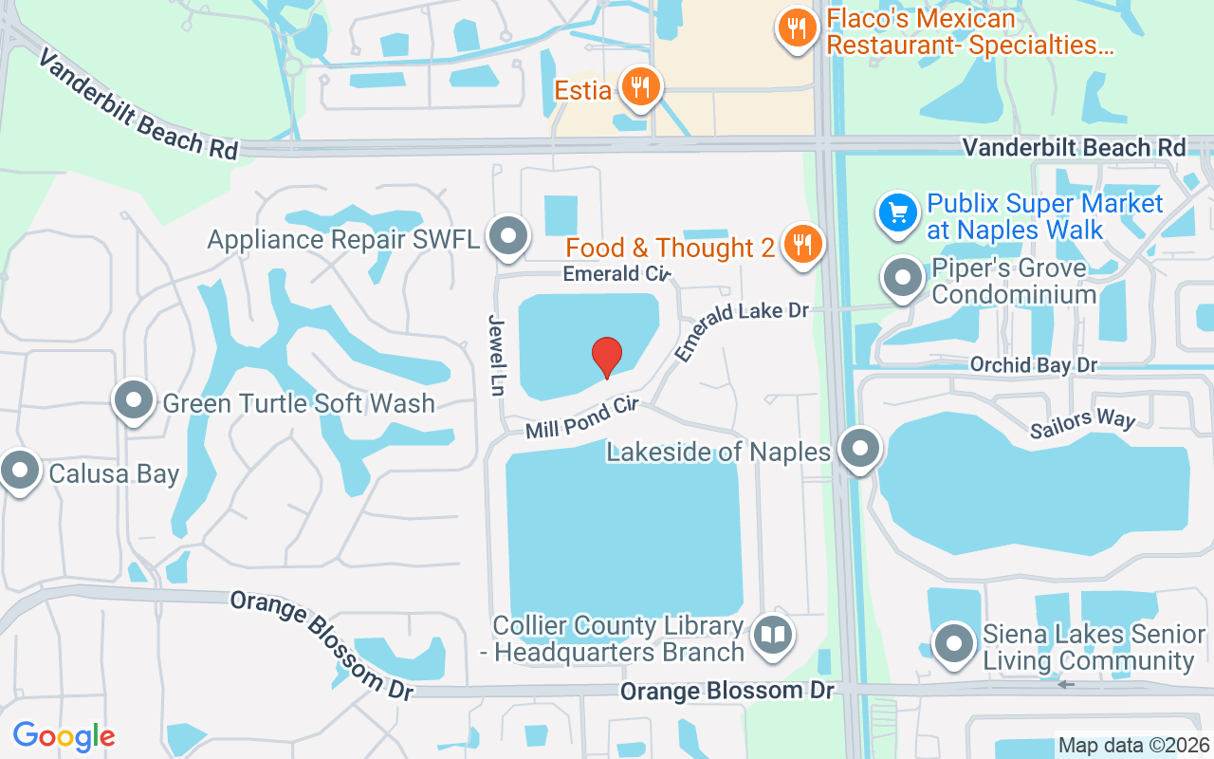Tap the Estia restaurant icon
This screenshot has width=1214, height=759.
641,88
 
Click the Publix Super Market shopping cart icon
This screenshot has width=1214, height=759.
897,213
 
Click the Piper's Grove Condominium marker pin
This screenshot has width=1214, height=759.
902,279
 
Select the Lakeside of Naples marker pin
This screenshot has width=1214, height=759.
861,449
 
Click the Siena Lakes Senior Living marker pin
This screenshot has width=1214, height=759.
953,643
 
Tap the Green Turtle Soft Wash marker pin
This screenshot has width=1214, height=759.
134,400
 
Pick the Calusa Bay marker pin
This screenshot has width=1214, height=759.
19,470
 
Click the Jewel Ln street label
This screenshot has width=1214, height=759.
496,355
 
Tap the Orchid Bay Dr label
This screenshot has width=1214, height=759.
1033,365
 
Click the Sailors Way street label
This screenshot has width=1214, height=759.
1082,423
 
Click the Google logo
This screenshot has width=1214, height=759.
64,735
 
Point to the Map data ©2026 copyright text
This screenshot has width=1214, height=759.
1133,746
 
